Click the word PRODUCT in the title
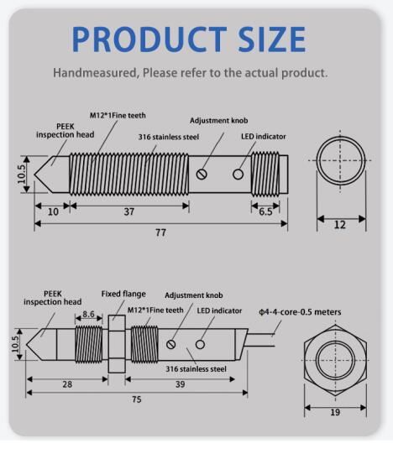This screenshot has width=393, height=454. point(149,39)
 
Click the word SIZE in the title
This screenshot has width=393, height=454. point(272,39)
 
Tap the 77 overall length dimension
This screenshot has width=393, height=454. point(161,232)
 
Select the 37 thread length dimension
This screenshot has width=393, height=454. point(129,211)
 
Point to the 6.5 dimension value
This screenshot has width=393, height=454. point(265,211)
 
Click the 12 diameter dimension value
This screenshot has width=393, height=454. point(340,225)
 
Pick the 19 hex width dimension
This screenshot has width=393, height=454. point(335,412)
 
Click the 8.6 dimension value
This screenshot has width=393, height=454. point(88,314)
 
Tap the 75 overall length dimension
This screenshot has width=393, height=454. point(137,399)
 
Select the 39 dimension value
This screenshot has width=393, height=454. point(180,384)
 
